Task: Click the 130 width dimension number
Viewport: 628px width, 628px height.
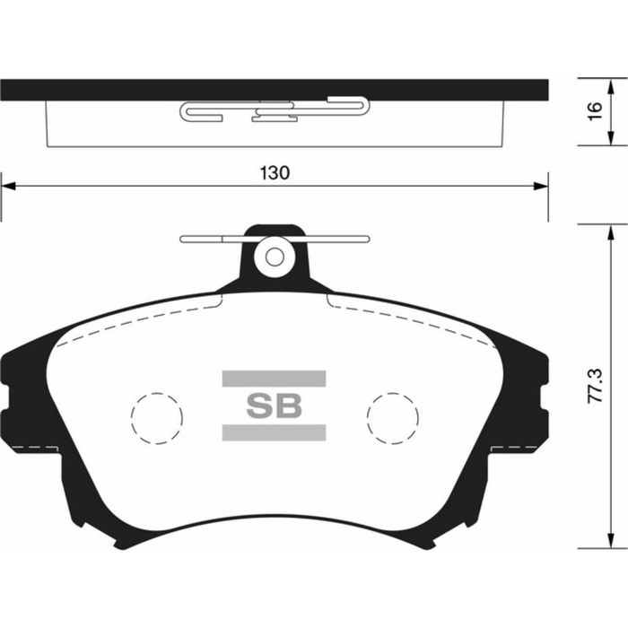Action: tap(275, 173)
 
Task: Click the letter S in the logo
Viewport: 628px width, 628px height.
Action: tap(260, 406)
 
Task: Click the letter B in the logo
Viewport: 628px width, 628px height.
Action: tap(288, 406)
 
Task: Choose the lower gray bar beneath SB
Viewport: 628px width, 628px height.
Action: tap(274, 433)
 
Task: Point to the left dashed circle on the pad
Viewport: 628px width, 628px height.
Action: tap(157, 417)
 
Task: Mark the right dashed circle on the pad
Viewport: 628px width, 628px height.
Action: tap(392, 417)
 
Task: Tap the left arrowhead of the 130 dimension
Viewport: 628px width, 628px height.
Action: tap(7, 187)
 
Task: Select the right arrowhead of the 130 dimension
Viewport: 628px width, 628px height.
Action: tap(541, 187)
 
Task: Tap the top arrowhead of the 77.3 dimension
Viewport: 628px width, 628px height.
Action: tap(612, 231)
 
